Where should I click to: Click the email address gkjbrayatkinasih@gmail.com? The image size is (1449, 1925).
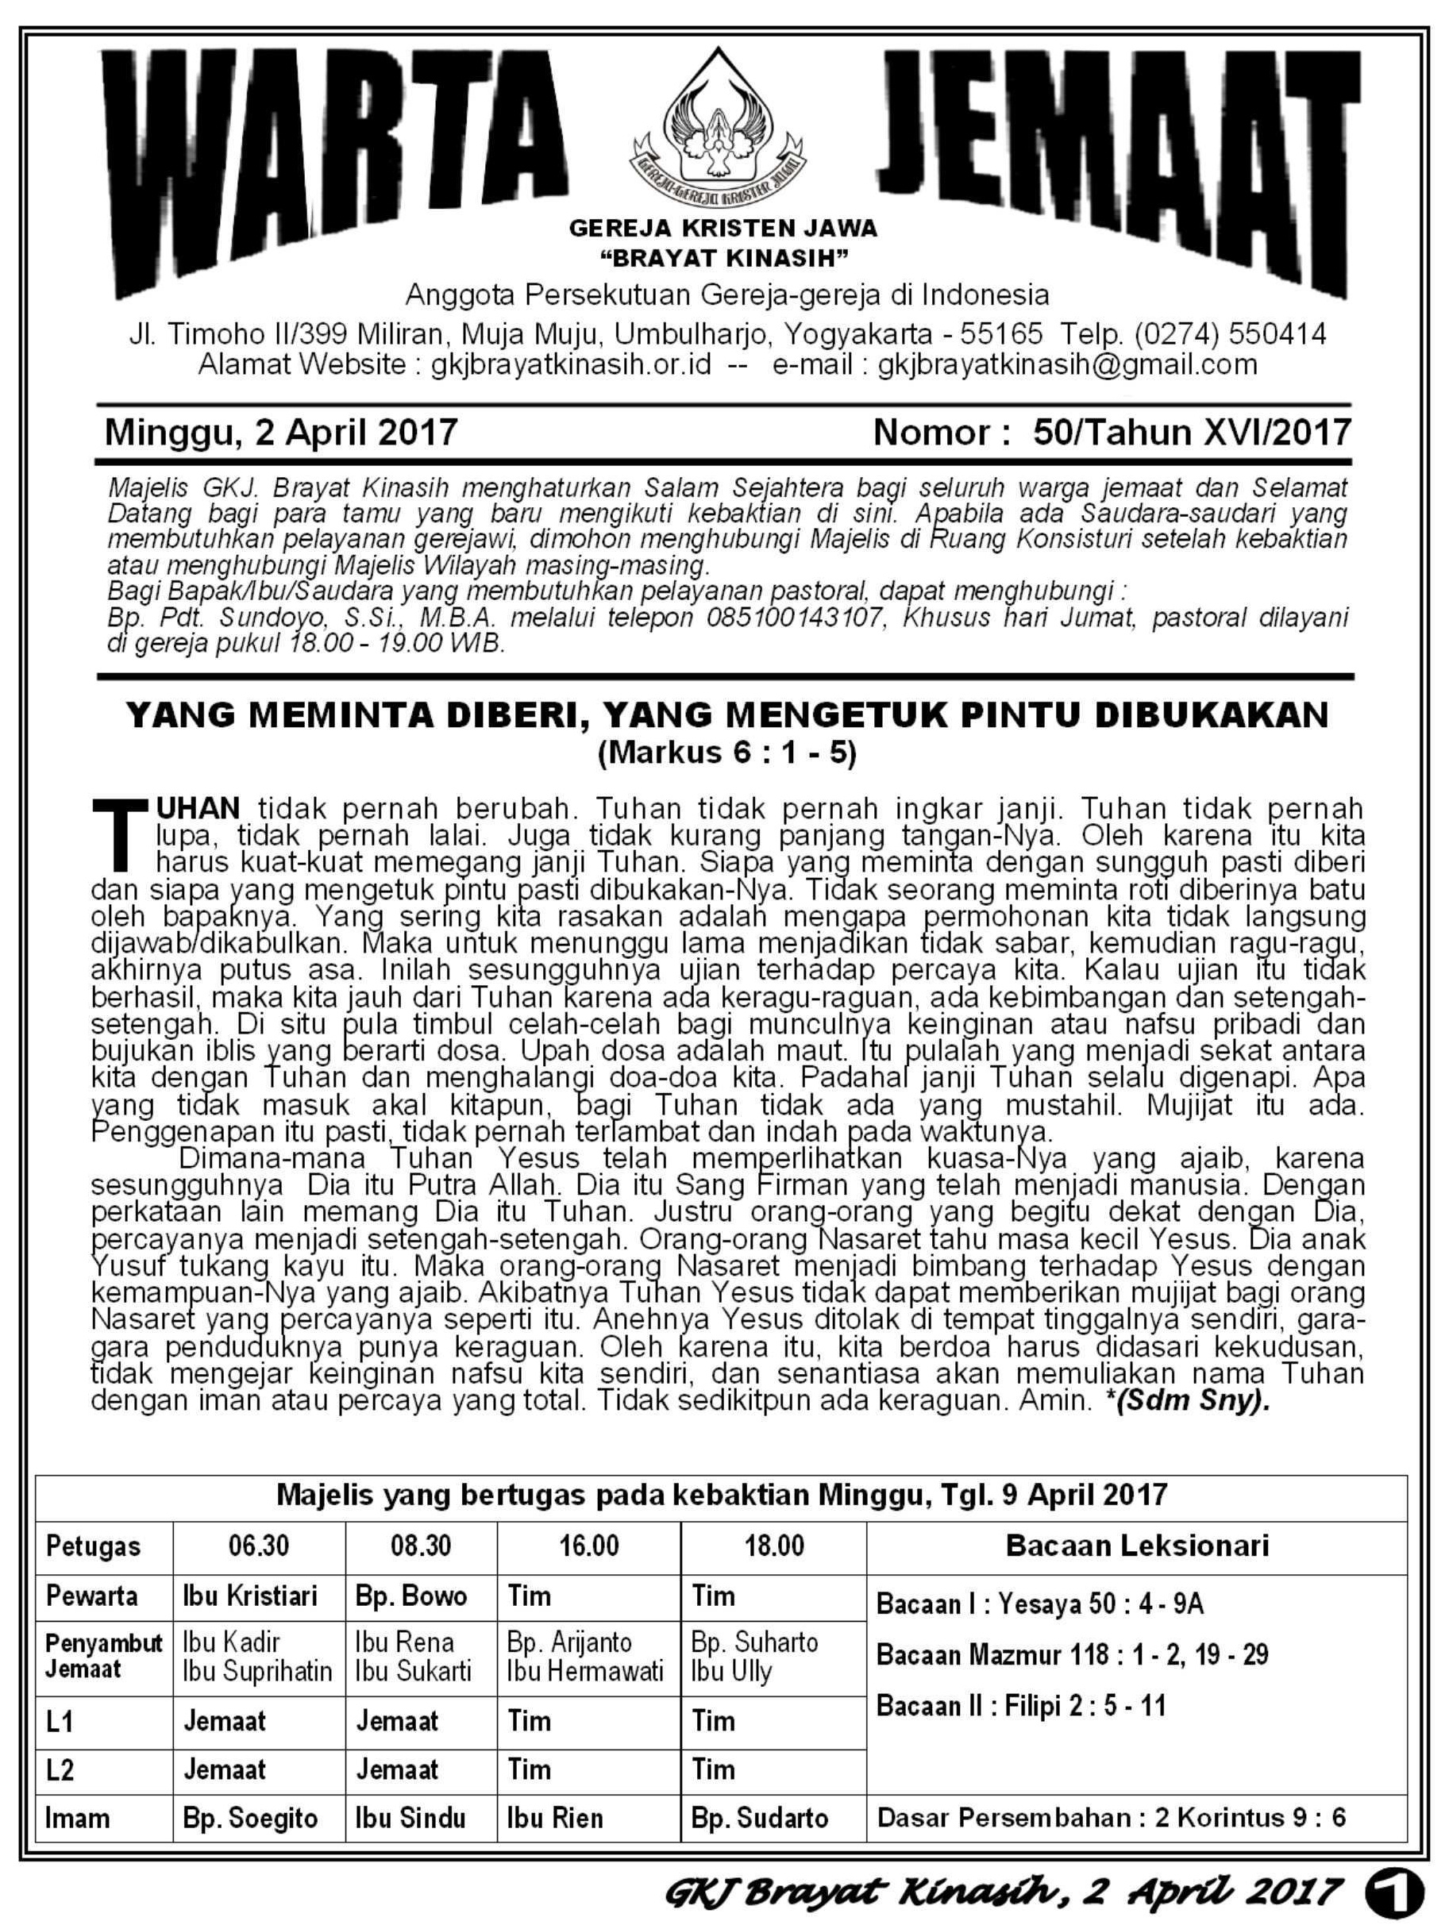click(x=1067, y=364)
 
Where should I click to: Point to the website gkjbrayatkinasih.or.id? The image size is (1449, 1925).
click(x=571, y=364)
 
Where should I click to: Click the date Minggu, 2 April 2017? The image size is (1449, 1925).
click(x=281, y=433)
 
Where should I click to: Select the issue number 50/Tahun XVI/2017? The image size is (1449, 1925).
click(x=1192, y=433)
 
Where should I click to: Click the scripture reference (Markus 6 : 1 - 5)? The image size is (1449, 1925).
click(x=726, y=752)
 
